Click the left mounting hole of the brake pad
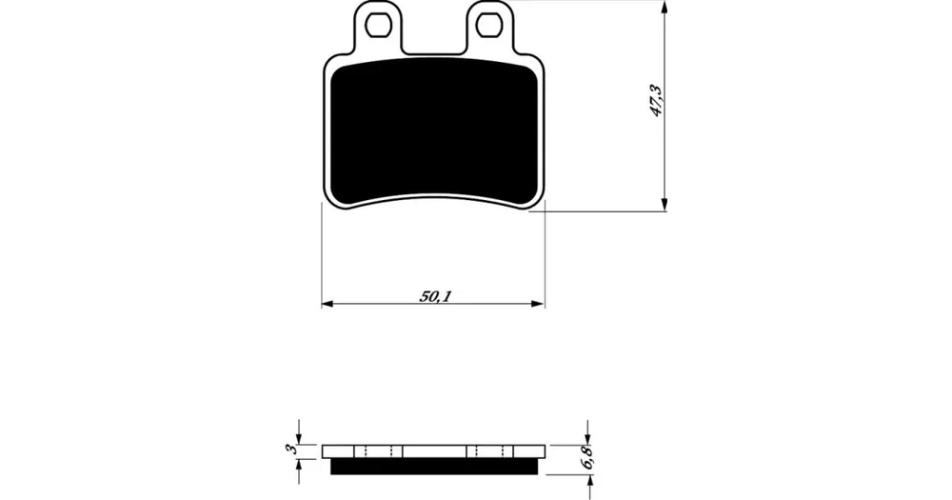(378, 25)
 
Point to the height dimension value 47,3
(657, 100)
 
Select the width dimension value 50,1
(435, 296)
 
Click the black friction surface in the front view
(433, 131)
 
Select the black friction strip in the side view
(434, 466)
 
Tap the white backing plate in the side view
(433, 451)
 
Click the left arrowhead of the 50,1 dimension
(327, 304)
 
